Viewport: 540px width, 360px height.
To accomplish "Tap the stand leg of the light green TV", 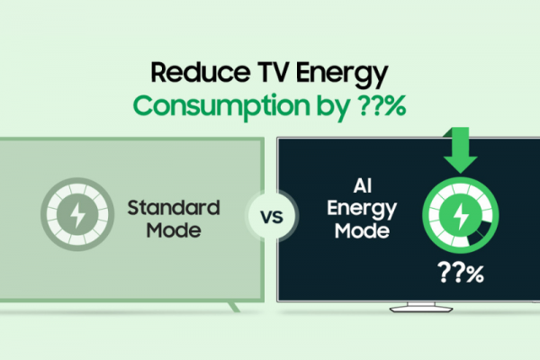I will tap(233, 307).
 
